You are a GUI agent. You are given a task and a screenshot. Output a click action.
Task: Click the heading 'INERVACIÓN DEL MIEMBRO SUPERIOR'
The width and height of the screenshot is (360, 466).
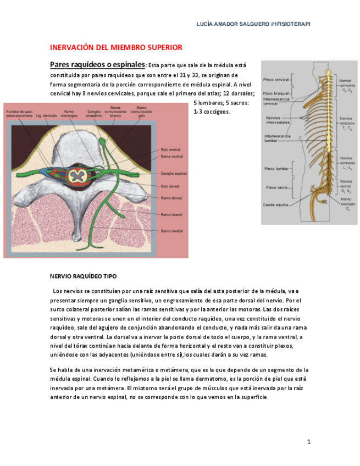(116, 48)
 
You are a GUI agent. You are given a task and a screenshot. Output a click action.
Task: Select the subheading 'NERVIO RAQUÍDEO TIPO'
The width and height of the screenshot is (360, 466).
(83, 276)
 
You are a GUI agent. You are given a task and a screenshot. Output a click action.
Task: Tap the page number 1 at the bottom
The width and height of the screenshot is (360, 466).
(309, 442)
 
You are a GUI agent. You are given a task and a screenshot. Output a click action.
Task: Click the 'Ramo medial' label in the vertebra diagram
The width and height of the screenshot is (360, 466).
(172, 231)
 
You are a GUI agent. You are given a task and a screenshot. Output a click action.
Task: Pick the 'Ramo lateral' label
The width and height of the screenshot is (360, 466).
(172, 214)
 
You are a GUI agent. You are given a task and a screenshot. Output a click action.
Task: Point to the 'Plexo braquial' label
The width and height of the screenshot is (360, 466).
(275, 93)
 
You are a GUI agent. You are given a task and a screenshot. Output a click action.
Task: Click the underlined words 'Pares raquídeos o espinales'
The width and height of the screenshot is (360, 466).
(97, 64)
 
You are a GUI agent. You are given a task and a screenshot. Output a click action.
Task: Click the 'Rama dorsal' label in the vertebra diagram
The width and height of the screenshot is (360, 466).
(171, 197)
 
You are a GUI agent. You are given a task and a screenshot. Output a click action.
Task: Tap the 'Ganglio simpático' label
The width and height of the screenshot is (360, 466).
(94, 114)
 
